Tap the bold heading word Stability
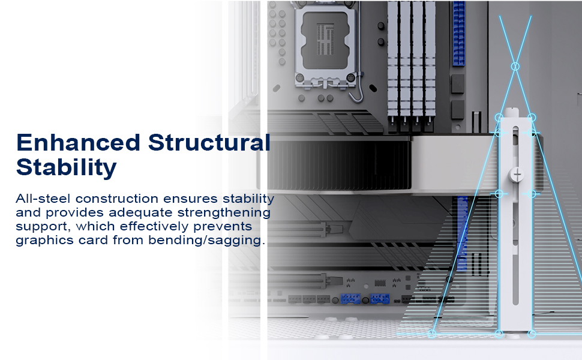[x=66, y=167]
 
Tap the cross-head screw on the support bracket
[x=517, y=174]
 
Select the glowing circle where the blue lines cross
[x=515, y=66]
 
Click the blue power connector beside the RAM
[x=460, y=27]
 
